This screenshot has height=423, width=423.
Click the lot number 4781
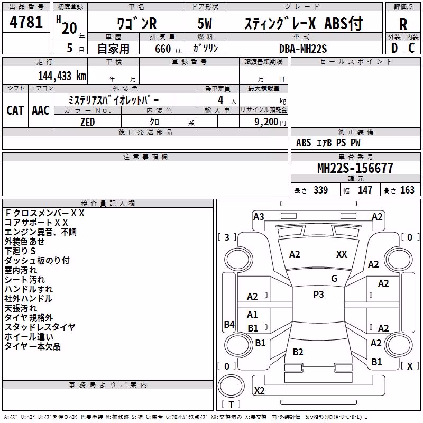(26, 22)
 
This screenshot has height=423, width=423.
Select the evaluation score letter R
(403, 24)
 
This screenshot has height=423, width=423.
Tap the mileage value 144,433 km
(62, 76)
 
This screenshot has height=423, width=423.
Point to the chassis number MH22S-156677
(355, 168)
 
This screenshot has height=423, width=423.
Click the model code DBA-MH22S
(302, 49)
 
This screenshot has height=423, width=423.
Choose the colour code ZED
(88, 122)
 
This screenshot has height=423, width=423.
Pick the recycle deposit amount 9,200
(266, 122)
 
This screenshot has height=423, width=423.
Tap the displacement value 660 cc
(168, 49)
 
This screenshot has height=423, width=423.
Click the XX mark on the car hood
(342, 254)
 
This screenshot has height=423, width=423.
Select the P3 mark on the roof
(318, 295)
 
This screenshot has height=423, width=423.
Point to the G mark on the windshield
(334, 279)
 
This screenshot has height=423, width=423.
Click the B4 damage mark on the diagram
(229, 324)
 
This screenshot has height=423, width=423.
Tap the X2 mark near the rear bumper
(259, 391)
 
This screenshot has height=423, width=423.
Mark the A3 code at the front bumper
(259, 217)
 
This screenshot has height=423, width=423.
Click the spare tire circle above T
(231, 386)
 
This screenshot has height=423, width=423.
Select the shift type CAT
(15, 111)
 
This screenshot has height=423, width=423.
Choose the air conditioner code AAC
(41, 111)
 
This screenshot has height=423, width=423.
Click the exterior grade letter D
(394, 48)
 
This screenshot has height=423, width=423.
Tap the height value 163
(407, 190)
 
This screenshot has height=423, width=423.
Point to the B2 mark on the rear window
(298, 352)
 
